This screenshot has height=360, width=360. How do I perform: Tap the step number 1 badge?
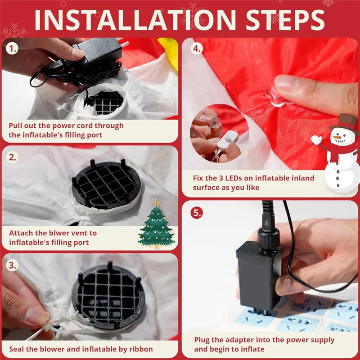[x=13, y=49]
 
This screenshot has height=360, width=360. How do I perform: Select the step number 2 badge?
[x=13, y=157]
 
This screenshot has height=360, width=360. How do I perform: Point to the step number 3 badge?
[x=13, y=265]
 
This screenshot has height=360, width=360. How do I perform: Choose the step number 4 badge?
[x=197, y=49]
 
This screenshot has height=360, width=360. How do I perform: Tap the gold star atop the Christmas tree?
[x=156, y=202]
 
